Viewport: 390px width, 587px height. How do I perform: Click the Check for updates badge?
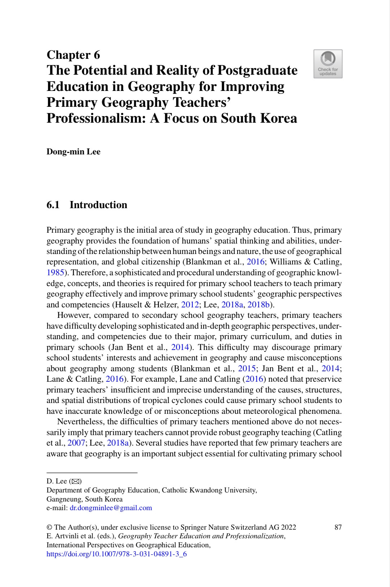pos(328,64)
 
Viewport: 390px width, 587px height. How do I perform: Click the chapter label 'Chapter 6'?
pos(73,55)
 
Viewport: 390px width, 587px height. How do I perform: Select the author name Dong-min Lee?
pos(73,152)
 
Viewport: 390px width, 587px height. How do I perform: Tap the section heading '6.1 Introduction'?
pos(87,205)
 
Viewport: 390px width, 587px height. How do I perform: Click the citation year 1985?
pos(55,272)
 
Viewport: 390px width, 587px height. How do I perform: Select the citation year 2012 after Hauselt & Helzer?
pos(190,305)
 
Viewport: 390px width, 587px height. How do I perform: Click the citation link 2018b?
pos(259,305)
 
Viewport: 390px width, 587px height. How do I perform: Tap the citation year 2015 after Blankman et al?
pos(247,368)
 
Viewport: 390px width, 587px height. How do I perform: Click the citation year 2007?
pos(76,443)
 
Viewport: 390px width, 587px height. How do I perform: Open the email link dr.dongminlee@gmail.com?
pos(111,508)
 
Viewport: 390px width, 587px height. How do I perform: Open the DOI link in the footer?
pos(117,554)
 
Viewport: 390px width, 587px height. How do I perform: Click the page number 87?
pos(338,527)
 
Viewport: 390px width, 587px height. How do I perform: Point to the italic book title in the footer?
pos(201,536)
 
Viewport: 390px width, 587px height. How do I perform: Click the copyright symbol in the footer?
pos(49,527)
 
